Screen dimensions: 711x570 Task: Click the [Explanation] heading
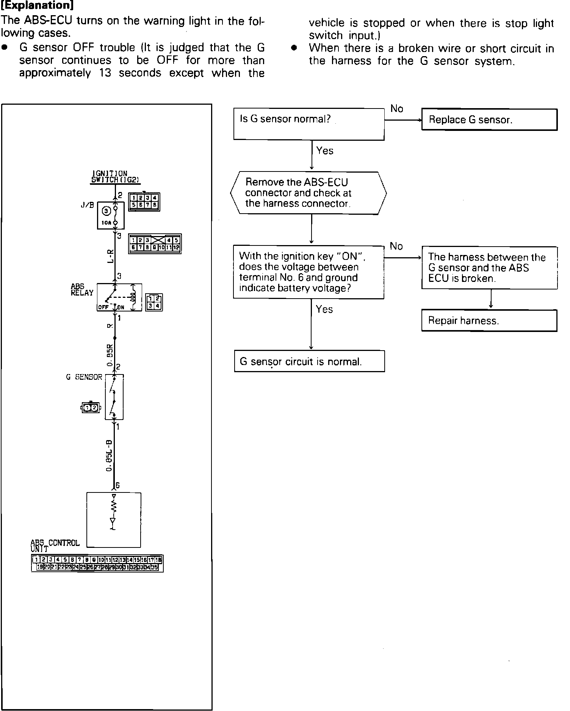tap(37, 6)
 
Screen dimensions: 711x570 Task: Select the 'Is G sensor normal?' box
tap(309, 124)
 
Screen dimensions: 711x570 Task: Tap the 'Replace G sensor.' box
tap(489, 120)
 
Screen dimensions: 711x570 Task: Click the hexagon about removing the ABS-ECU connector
tap(308, 193)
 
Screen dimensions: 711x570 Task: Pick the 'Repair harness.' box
tap(489, 321)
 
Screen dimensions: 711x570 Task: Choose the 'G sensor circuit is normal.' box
tap(309, 361)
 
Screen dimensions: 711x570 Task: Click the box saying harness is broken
tap(489, 268)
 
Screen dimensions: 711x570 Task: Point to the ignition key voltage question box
tap(308, 272)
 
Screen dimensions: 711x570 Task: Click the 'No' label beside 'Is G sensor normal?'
tap(396, 109)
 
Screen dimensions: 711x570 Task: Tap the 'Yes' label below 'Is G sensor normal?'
tap(325, 151)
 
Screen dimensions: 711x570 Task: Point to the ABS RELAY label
tap(82, 290)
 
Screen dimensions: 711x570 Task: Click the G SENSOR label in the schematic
tap(84, 377)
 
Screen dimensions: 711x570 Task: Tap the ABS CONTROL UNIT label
tap(55, 546)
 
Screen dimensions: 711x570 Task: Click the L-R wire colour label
tap(110, 256)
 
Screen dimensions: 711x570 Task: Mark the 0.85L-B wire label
tap(109, 455)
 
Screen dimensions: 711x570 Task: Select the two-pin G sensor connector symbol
tap(91, 408)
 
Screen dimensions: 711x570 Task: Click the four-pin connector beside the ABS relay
tap(154, 302)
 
